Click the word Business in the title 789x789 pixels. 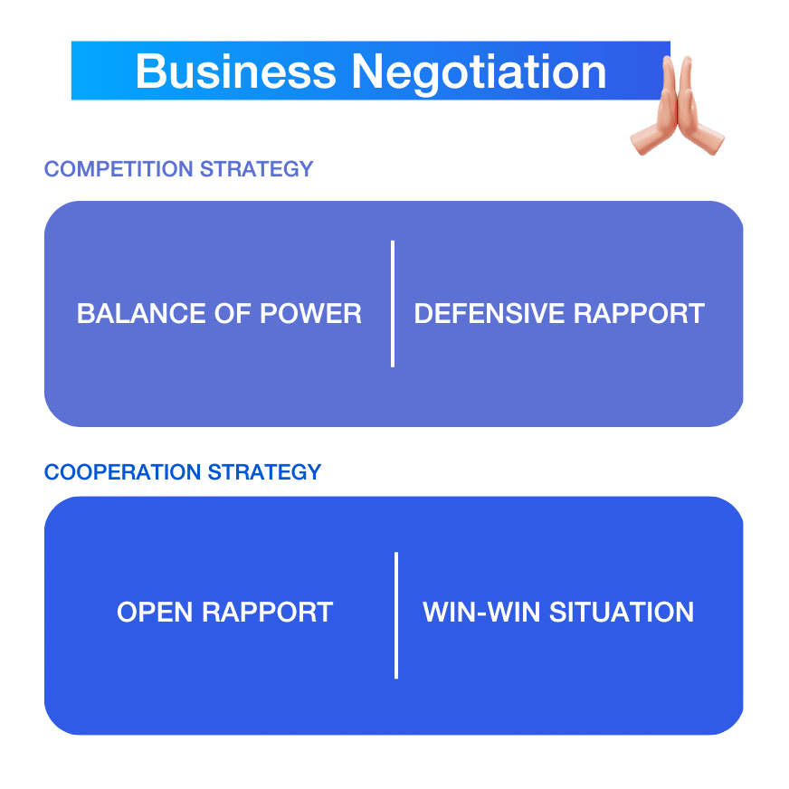coord(235,71)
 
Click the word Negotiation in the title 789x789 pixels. coord(479,73)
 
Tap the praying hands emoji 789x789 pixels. coord(677,105)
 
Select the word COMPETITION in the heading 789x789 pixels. coord(119,169)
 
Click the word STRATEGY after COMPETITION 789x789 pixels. coord(257,169)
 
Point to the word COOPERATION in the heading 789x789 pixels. coord(123,472)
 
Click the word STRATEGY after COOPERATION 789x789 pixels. coord(265,472)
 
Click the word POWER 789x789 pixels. coord(310,313)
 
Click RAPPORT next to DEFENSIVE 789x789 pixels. coord(639,313)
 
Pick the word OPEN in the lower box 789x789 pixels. coord(155,612)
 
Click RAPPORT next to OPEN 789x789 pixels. coord(267,612)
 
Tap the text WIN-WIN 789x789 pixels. coord(481,612)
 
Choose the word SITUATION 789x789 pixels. coord(622,612)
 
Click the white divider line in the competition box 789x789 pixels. coord(393,304)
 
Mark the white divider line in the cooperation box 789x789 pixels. coord(396,615)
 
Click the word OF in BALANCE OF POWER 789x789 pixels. coord(233,313)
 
